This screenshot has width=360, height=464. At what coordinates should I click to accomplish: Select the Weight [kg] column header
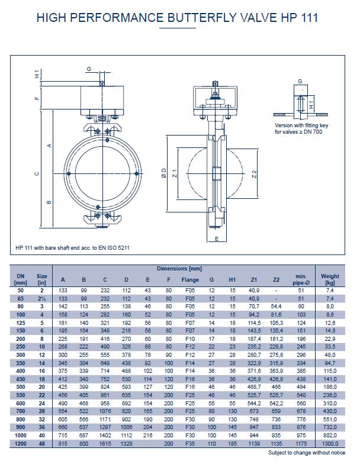[330, 279]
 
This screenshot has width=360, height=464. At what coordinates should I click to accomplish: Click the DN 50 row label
[21, 291]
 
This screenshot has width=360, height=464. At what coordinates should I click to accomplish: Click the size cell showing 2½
[42, 299]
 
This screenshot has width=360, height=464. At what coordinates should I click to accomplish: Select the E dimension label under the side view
[217, 239]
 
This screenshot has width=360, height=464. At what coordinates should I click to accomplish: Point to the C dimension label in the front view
[37, 174]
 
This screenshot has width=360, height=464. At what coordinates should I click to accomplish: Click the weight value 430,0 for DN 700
[330, 410]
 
